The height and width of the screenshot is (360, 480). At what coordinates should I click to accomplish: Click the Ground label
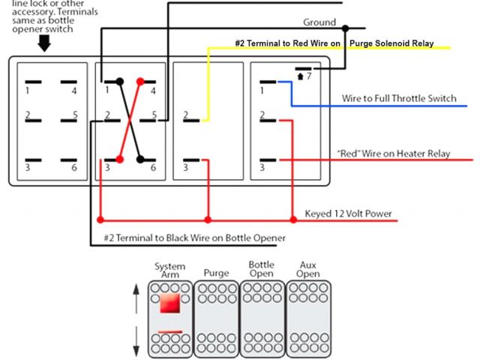tap(319, 22)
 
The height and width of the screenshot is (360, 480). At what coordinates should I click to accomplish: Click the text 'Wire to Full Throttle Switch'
tap(399, 98)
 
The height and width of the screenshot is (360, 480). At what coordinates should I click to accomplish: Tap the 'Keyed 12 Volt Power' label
tap(348, 214)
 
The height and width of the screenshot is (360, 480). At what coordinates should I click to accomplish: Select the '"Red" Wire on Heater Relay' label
tap(393, 154)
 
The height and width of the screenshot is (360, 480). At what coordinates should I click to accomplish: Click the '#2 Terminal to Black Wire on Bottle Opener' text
tap(195, 238)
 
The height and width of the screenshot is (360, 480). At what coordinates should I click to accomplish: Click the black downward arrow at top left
tap(43, 44)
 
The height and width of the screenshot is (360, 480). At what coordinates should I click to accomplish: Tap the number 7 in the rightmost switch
tap(309, 76)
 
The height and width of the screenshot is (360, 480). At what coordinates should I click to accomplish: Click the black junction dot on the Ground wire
tap(345, 28)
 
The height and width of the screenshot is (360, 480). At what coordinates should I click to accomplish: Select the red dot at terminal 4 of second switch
tap(139, 81)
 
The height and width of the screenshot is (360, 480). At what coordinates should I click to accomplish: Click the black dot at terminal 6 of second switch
tap(139, 158)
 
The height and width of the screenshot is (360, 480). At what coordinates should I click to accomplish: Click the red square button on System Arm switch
tap(169, 304)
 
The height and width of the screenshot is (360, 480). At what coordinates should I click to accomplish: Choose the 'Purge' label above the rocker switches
tap(216, 273)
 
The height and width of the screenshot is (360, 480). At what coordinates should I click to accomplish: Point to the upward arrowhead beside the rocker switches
tap(136, 288)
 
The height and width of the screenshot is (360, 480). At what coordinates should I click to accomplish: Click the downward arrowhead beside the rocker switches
tap(136, 351)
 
